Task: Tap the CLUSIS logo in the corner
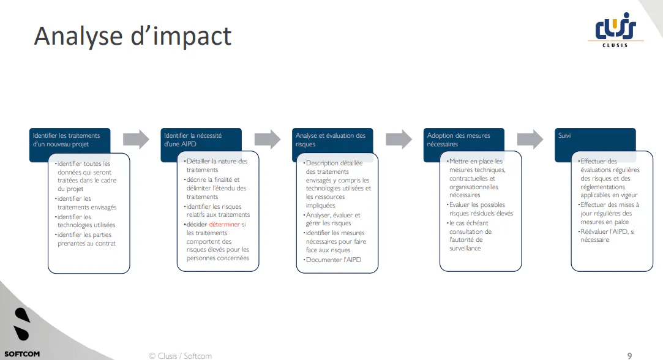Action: (x=615, y=29)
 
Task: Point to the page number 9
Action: (x=629, y=355)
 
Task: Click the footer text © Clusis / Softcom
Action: (x=180, y=355)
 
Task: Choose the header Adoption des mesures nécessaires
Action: (x=463, y=140)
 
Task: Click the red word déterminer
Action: (x=224, y=225)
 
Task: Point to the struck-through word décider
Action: (x=196, y=225)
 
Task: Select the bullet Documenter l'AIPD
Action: (x=334, y=260)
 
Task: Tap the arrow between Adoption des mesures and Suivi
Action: (x=530, y=139)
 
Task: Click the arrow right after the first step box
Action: (x=136, y=139)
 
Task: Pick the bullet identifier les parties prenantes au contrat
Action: (x=86, y=239)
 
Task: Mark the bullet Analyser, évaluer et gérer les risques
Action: (x=334, y=219)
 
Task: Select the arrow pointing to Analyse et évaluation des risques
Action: (x=268, y=139)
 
